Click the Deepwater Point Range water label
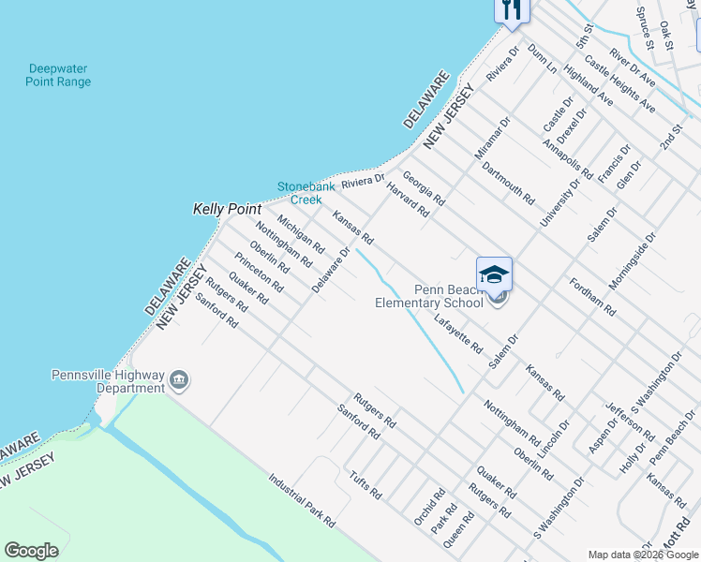60,75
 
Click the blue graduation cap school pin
494,274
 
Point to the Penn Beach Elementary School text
428,297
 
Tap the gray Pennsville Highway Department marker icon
179,380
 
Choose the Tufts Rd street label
365,485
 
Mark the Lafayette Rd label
458,334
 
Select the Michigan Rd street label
300,235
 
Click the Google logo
32,551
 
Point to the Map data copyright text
643,555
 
